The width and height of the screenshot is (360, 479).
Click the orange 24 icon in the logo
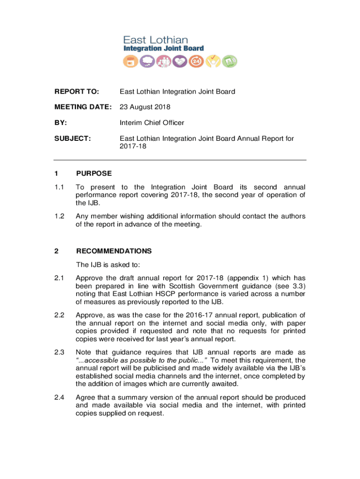tap(195, 61)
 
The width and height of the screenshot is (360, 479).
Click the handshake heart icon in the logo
tap(180, 61)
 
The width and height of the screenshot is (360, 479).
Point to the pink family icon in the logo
tap(163, 61)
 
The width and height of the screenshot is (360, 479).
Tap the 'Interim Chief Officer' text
tap(152, 123)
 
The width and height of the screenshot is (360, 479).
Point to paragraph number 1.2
tap(59, 216)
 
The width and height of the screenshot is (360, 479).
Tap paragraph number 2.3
tap(59, 352)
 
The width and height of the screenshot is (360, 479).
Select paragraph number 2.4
tap(59, 397)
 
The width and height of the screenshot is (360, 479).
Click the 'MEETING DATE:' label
tap(83, 107)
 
